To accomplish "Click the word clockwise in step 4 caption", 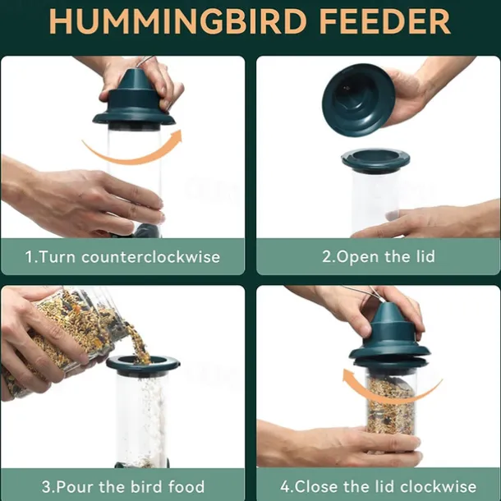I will point(436,486).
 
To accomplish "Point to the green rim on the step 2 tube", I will point(375,159).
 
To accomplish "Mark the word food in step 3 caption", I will point(185,486).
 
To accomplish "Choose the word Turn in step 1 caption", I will point(57,257).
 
